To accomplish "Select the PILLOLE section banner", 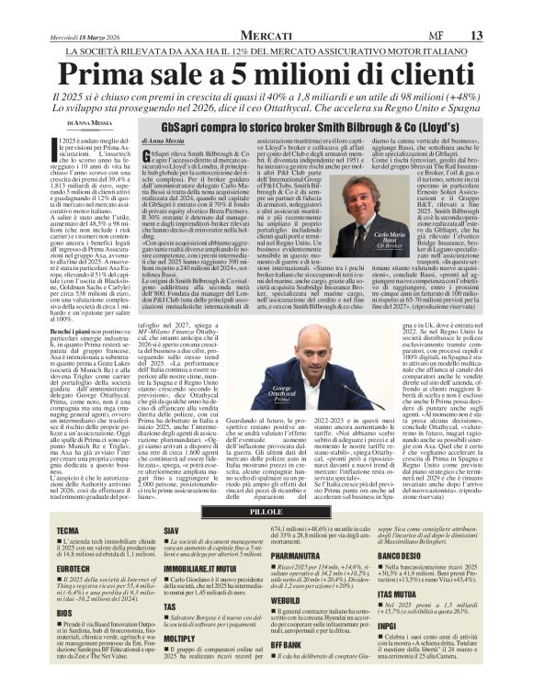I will pyautogui.click(x=267, y=512).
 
